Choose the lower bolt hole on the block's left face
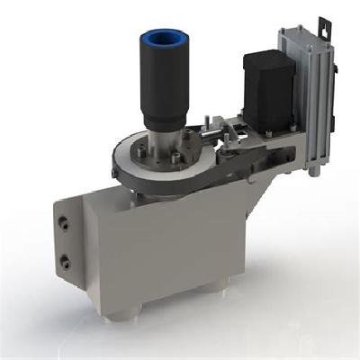click(65, 263)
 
